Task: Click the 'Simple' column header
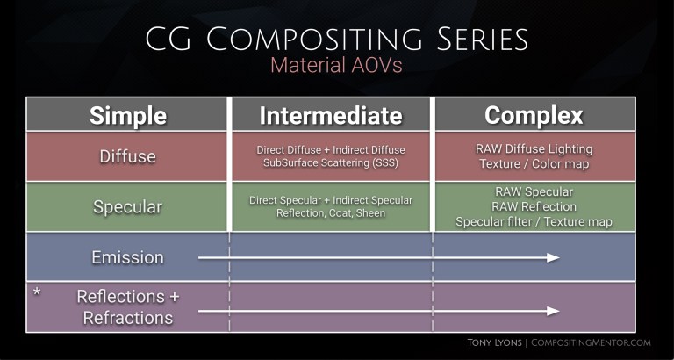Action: coord(127,116)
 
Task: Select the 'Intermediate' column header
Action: coord(330,116)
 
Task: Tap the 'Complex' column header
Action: coord(534,116)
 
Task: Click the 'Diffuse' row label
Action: coord(127,156)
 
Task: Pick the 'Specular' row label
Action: coord(127,206)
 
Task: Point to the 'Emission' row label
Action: coord(127,257)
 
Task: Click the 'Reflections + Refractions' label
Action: coord(127,306)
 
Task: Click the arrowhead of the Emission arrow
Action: coord(553,257)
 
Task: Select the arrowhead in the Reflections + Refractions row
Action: coord(553,311)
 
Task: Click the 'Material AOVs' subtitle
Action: coord(336,66)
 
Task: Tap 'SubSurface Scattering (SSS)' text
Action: coord(330,163)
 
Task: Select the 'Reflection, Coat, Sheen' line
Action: coord(330,213)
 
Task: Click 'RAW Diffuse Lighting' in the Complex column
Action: coord(534,148)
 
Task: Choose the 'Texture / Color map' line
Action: coord(534,163)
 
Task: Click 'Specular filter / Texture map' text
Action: coord(534,222)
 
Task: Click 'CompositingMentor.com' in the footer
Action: coord(592,344)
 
